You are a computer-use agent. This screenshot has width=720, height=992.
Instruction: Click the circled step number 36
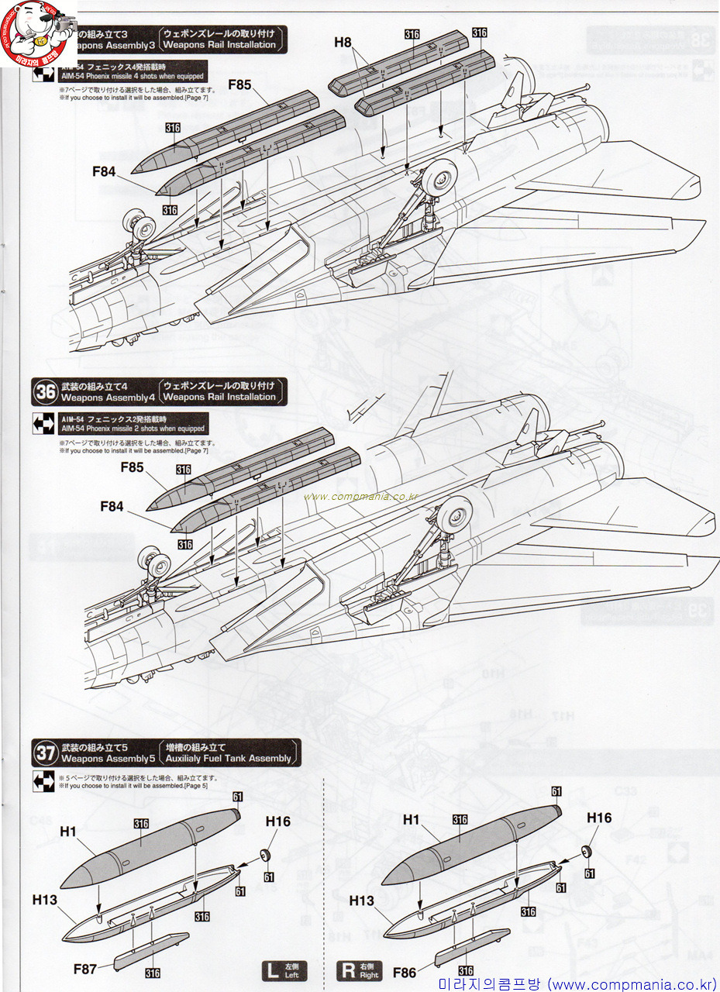tap(45, 392)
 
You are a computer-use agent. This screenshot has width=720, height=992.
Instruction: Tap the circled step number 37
tap(45, 753)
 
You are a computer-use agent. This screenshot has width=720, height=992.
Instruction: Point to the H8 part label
tap(343, 42)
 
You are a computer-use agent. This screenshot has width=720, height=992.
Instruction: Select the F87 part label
tap(85, 968)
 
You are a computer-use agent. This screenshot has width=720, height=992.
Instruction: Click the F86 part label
tap(405, 972)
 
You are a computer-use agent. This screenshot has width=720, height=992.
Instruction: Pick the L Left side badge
tap(284, 970)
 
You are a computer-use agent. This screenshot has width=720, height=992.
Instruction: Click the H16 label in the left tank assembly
tap(277, 821)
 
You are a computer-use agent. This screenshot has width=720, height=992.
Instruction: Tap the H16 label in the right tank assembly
tap(598, 818)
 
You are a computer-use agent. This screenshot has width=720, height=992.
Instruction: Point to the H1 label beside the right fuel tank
tap(411, 819)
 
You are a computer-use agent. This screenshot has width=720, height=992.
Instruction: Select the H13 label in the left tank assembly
tap(44, 900)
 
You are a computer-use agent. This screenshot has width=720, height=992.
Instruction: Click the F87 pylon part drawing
tap(150, 950)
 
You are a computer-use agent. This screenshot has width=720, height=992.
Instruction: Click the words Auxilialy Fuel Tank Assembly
tap(229, 758)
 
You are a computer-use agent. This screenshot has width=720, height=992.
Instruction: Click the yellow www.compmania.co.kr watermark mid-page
tap(362, 497)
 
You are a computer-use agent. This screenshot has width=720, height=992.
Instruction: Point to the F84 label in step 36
tap(112, 506)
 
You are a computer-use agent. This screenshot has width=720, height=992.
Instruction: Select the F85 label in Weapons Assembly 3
tap(239, 85)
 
